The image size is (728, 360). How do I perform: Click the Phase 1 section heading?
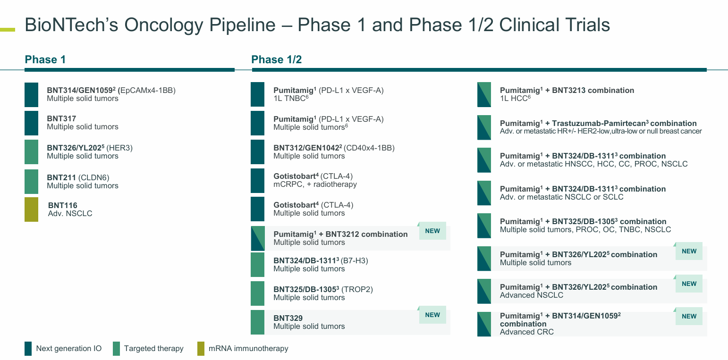(x=45, y=59)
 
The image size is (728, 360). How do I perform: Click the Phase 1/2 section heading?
(x=276, y=59)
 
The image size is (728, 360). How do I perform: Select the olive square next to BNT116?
(x=31, y=209)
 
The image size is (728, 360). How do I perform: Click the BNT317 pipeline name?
(x=61, y=119)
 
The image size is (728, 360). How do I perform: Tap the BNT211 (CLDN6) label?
(x=77, y=177)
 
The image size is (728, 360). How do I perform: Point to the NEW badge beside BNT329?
(x=432, y=315)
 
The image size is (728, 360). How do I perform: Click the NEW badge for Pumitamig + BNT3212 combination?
(x=432, y=231)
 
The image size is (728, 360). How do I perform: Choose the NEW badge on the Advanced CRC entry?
(x=689, y=317)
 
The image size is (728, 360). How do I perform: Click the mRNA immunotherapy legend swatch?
(x=201, y=349)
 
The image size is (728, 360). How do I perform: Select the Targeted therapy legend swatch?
(x=117, y=349)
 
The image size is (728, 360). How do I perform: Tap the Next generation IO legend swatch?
(x=28, y=349)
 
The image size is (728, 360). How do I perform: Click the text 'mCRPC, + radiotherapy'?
(x=315, y=184)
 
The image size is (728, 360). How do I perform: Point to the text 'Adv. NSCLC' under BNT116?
(x=70, y=214)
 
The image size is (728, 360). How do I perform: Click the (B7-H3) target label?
(x=355, y=260)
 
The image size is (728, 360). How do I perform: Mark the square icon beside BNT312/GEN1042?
(x=258, y=152)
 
